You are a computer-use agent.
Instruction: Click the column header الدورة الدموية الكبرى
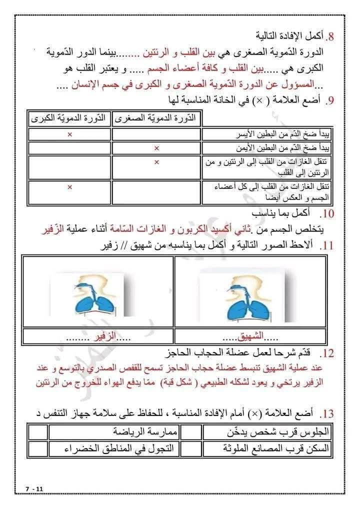coord(68,119)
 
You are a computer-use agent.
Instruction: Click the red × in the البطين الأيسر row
coord(69,134)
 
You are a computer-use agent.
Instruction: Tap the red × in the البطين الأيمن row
coord(156,148)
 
